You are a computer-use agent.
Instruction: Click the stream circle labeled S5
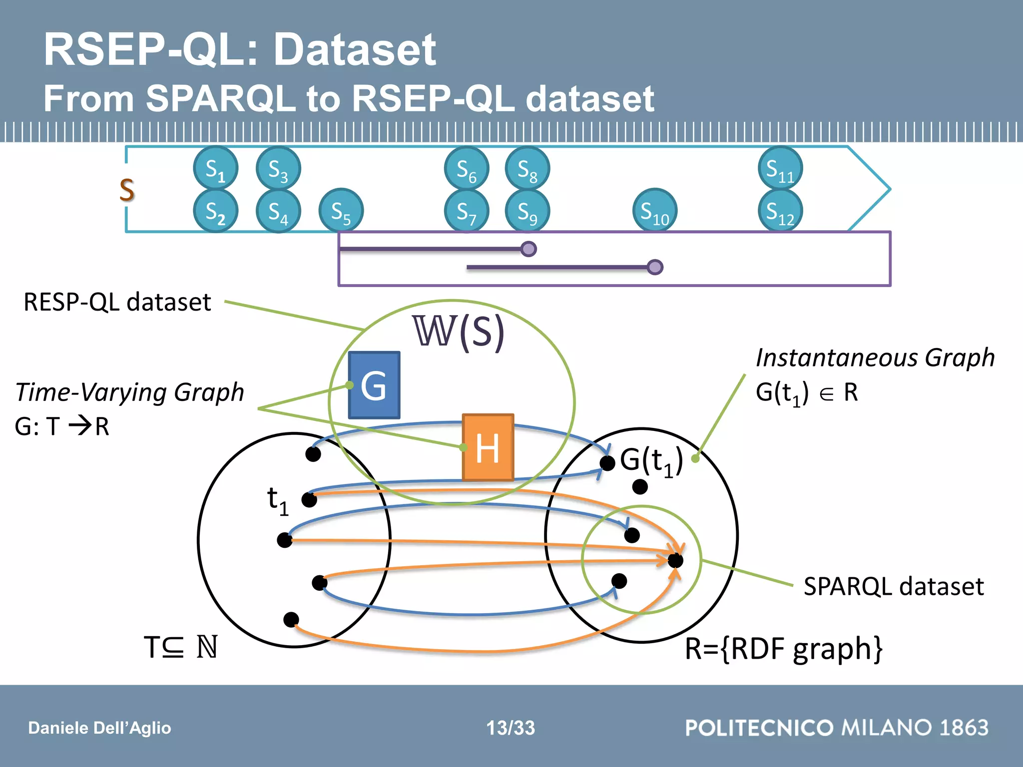[x=341, y=211]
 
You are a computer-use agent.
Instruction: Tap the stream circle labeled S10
[x=655, y=211]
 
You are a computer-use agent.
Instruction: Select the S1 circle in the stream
[x=216, y=168]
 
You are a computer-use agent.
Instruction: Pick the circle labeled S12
[x=780, y=211]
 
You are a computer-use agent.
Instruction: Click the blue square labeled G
[x=374, y=385]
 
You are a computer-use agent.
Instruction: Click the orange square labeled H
[x=488, y=447]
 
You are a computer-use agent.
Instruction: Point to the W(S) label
[x=459, y=331]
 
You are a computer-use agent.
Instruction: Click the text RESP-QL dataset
[x=117, y=302]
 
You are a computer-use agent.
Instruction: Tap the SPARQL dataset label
[x=894, y=586]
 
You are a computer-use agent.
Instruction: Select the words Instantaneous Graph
[x=875, y=358]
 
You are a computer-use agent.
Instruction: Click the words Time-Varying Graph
[x=130, y=392]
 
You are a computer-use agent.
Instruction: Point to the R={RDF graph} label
[x=783, y=649]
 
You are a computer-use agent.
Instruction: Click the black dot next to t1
[x=309, y=499]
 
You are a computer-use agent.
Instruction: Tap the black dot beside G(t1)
[x=607, y=463]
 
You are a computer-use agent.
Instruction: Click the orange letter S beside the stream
[x=127, y=190]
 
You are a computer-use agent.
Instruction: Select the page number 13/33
[x=511, y=728]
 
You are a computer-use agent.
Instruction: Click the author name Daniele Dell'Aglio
[x=99, y=728]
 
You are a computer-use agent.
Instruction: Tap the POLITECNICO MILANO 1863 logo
[x=837, y=728]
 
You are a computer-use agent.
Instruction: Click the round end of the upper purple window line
[x=528, y=249]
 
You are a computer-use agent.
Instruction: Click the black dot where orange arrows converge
[x=675, y=560]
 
